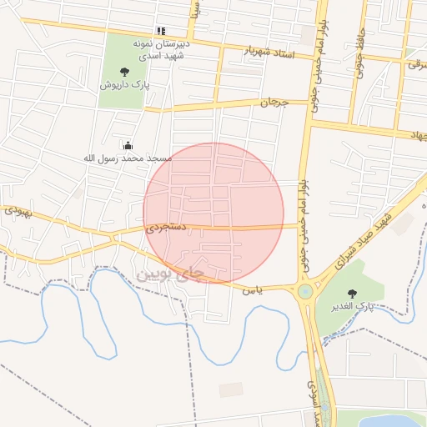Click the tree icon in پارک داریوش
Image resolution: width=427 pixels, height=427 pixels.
tap(124, 72)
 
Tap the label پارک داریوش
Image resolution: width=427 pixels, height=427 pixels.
tap(124, 85)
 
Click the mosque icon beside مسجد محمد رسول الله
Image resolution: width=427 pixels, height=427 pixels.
tap(128, 145)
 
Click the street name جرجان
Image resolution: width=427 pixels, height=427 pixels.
tap(274, 103)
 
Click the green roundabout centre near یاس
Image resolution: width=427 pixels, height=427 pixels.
tap(305, 291)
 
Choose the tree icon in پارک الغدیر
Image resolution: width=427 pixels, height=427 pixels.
tap(351, 293)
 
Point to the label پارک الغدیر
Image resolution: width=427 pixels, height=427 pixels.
tap(354, 307)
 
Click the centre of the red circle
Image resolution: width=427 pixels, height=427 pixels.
tap(213, 213)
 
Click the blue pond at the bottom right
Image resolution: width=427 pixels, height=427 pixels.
tap(392, 419)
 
